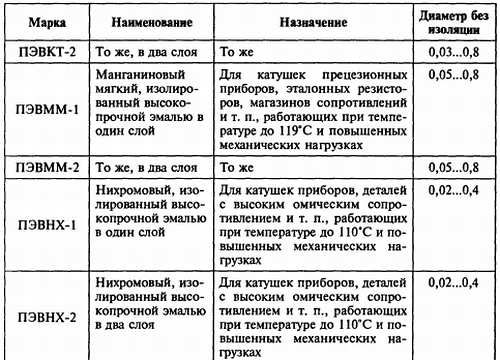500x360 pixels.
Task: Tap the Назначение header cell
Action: tap(306, 20)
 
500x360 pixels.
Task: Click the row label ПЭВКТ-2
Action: tap(44, 51)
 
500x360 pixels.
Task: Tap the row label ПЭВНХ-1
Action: tap(44, 225)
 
